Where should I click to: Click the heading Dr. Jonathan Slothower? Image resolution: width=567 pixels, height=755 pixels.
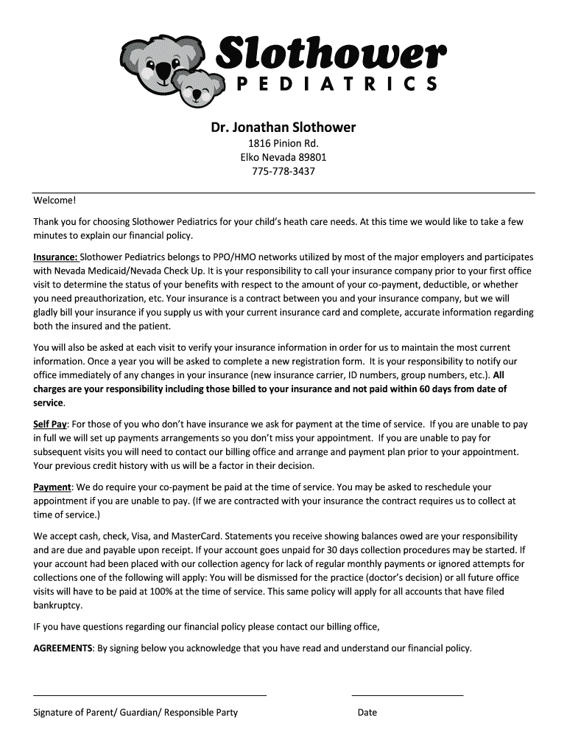283,128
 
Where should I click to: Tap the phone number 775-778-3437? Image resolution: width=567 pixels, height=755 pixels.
283,171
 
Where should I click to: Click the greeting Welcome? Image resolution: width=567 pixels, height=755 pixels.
54,200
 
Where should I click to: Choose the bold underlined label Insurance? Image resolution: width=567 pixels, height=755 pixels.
55,257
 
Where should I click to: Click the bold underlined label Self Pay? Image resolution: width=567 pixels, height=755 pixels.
50,424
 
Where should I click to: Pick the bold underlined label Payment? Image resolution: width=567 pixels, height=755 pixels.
52,487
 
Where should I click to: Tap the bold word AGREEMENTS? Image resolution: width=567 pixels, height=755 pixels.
63,648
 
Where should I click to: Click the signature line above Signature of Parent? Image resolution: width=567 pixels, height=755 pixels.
149,695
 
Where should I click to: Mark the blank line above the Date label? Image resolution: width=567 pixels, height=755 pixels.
407,695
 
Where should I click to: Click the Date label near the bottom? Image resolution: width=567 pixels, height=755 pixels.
367,713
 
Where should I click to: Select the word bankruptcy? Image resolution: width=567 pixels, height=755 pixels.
57,605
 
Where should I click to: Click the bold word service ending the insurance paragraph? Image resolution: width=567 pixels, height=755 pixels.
49,403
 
